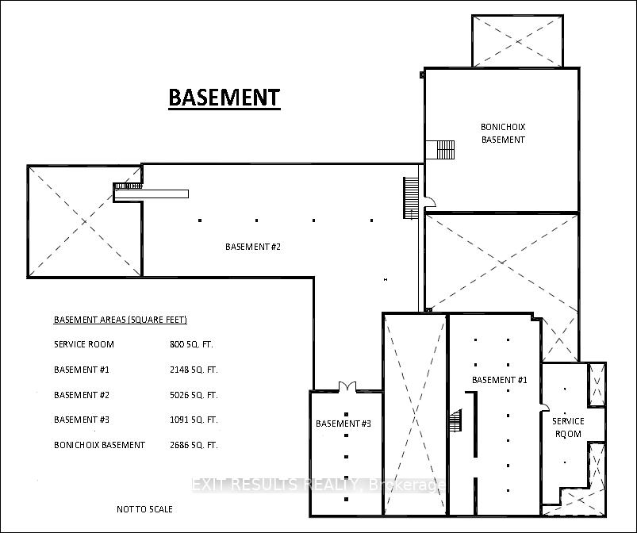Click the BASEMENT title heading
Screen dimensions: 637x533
point(224,98)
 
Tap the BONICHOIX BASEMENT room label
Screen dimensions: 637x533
point(503,133)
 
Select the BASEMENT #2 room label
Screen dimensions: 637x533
point(253,247)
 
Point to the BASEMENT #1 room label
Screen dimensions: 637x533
point(499,380)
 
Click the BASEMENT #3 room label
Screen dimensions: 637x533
point(343,424)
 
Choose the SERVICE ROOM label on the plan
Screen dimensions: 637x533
point(568,428)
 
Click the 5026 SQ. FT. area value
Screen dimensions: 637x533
point(194,395)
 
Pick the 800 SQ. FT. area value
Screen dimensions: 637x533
point(191,344)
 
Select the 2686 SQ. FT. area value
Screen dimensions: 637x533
point(194,445)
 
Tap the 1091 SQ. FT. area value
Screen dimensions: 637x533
point(194,420)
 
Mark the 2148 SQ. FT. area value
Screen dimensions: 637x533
point(194,370)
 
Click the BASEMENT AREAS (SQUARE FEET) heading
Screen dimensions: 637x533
point(121,320)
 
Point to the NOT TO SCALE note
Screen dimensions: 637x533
point(144,509)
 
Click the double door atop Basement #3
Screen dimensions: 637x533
point(347,386)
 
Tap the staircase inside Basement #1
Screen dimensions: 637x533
point(456,421)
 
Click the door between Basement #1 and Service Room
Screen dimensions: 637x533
point(544,407)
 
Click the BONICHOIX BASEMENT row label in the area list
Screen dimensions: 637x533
point(99,445)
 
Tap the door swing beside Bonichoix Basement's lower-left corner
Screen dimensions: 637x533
point(430,202)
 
